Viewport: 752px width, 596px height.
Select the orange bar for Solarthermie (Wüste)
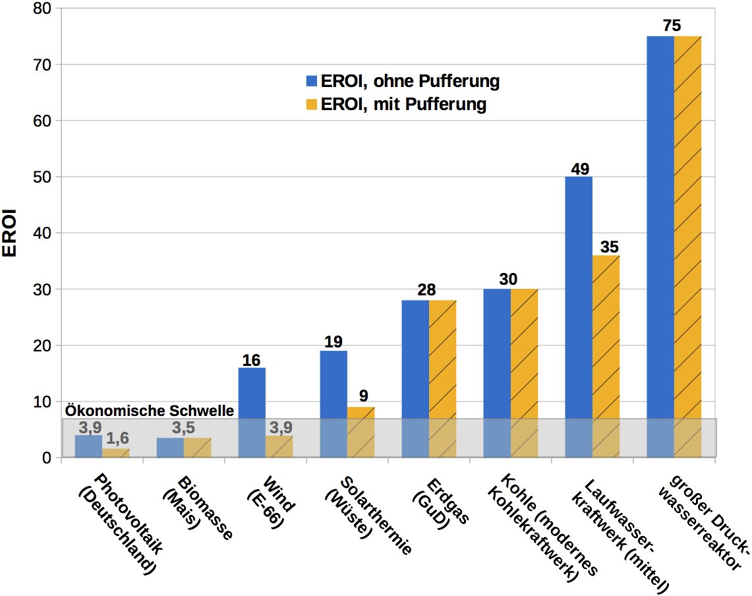(x=361, y=432)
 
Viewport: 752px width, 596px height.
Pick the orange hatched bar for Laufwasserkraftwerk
(x=606, y=356)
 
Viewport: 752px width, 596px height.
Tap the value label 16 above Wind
(x=252, y=359)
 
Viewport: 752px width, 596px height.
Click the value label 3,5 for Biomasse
(x=185, y=429)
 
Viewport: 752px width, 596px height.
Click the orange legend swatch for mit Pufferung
(x=311, y=105)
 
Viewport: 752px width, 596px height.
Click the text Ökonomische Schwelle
(x=149, y=411)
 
